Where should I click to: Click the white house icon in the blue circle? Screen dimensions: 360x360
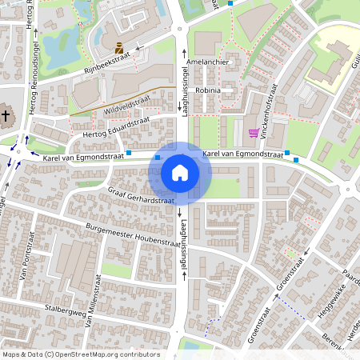pos(180,172)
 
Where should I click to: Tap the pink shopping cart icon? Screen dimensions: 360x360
pos(254,133)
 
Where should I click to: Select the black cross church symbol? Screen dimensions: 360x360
pos(6,116)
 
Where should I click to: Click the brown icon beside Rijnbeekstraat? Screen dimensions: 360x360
pos(118,46)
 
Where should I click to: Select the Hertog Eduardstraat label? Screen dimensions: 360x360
pos(116,128)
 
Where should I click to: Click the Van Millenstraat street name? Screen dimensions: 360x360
pos(92,295)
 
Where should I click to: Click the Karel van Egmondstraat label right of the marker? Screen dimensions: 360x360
pos(242,154)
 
